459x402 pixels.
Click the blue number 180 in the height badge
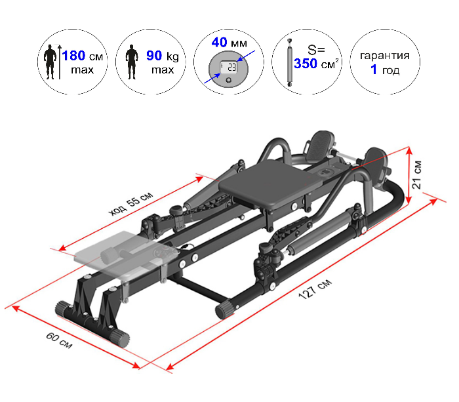pyautogui.click(x=73, y=56)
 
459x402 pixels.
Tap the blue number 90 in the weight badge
pyautogui.click(x=154, y=56)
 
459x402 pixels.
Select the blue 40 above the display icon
pyautogui.click(x=219, y=42)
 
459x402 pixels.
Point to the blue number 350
pyautogui.click(x=306, y=64)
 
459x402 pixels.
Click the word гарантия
pyautogui.click(x=385, y=56)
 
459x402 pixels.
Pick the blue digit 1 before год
pyautogui.click(x=374, y=70)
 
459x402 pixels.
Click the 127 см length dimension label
pyautogui.click(x=315, y=289)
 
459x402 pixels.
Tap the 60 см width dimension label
pyautogui.click(x=59, y=340)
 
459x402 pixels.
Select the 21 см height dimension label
pyautogui.click(x=416, y=174)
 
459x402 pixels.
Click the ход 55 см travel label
pyautogui.click(x=131, y=203)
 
